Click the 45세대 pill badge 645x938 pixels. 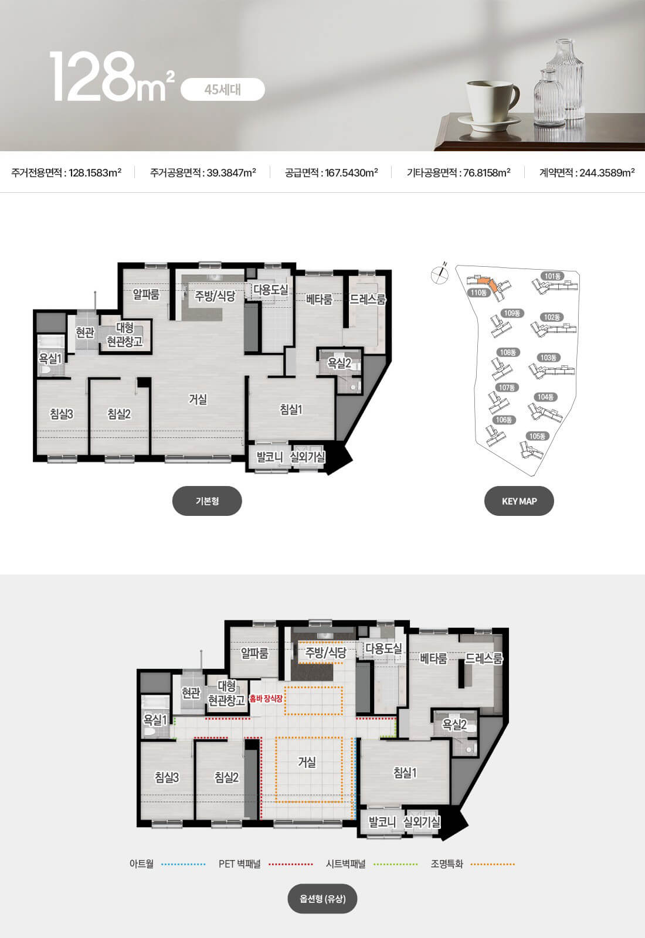click(x=222, y=90)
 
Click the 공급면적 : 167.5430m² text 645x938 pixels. click(x=331, y=172)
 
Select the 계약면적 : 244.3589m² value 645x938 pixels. click(x=587, y=172)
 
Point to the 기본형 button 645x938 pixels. click(x=207, y=501)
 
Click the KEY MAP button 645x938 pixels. click(x=519, y=501)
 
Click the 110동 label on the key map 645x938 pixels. click(x=478, y=293)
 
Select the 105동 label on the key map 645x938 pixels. click(x=537, y=436)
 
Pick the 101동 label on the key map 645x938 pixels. click(x=552, y=276)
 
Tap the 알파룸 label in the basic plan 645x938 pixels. click(x=146, y=294)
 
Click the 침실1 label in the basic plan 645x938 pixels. click(x=291, y=410)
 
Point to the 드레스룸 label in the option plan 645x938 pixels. click(x=484, y=659)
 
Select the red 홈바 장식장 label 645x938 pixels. click(x=266, y=698)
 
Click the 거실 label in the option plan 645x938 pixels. click(x=307, y=762)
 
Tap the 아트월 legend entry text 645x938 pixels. click(x=141, y=864)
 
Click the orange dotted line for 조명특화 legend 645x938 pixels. click(x=493, y=864)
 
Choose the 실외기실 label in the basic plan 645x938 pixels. click(x=308, y=457)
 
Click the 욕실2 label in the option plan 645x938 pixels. click(x=454, y=725)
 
